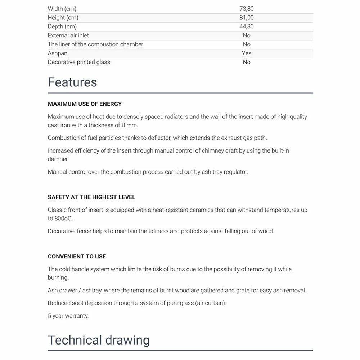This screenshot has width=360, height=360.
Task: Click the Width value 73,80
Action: tap(247, 9)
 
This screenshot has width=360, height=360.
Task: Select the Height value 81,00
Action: tap(247, 18)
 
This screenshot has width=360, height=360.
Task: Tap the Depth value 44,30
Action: tap(247, 27)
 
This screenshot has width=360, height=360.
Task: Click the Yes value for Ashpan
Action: tap(247, 53)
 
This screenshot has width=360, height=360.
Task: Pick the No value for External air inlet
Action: tap(247, 36)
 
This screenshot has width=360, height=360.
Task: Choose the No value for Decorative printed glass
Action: tap(247, 62)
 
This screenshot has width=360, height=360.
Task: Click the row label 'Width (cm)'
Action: tap(62, 9)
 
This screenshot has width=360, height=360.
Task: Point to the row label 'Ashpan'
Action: tap(58, 53)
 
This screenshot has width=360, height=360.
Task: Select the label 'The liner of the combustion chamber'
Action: tap(95, 44)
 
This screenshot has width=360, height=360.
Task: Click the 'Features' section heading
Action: tap(72, 82)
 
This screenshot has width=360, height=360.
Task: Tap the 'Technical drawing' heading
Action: tap(99, 340)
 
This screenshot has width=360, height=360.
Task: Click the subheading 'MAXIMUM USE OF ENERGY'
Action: tap(85, 104)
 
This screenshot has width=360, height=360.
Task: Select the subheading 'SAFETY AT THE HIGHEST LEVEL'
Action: tap(91, 197)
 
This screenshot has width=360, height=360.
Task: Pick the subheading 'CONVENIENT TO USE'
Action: tap(77, 257)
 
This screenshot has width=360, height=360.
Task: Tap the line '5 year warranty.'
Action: tap(68, 316)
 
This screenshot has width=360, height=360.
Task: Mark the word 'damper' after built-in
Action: tap(58, 159)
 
